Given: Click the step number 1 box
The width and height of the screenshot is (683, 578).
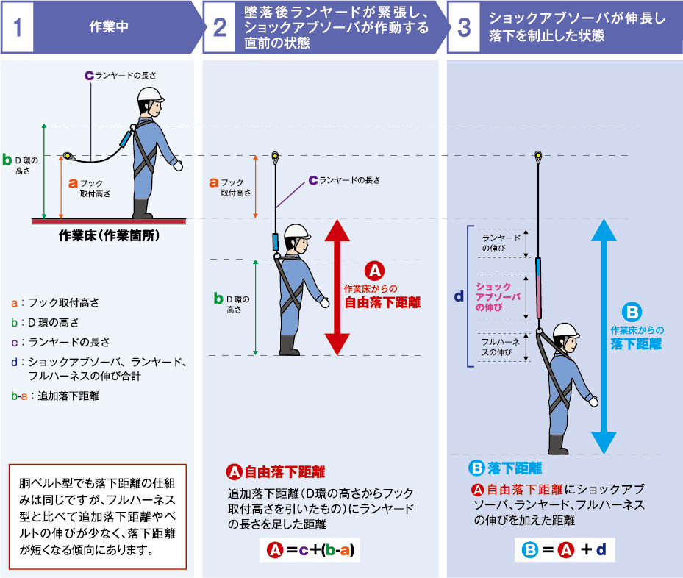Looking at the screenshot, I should pos(17,27).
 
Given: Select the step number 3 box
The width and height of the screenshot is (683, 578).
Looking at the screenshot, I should pos(463,27).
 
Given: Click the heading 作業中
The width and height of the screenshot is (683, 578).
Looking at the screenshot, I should pos(108,27).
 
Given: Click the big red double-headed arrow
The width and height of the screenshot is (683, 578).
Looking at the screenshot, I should pos(337,287).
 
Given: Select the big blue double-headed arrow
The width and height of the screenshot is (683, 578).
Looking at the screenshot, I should pos(604,335).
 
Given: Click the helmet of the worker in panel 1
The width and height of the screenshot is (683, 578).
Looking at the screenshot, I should pos(151,95).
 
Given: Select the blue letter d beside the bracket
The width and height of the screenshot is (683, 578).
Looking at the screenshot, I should pos(458,296).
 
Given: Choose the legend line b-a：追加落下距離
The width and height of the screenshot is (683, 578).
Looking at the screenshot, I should pos(56,396).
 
